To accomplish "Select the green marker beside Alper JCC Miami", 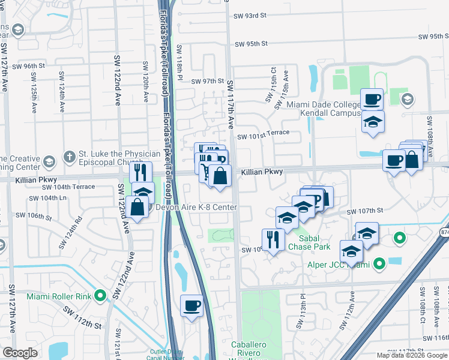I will pyautogui.click(x=379, y=263).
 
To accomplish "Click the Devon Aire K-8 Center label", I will pyautogui.click(x=196, y=208).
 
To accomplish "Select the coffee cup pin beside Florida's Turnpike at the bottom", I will pyautogui.click(x=191, y=305).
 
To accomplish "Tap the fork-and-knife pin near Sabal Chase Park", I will pyautogui.click(x=273, y=239).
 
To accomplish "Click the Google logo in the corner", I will pyautogui.click(x=20, y=353).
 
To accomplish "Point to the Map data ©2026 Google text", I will pyautogui.click(x=412, y=355).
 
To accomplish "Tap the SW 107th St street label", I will pyautogui.click(x=367, y=211).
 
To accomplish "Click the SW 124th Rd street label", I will pyautogui.click(x=70, y=233).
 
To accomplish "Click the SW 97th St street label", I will pyautogui.click(x=207, y=81).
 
